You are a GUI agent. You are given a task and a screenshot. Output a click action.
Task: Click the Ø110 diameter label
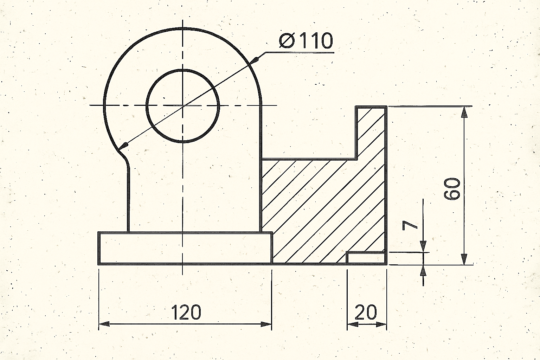click(x=306, y=41)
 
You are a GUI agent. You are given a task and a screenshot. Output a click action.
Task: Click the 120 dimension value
click(x=186, y=312)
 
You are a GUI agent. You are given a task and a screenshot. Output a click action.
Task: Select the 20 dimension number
click(x=366, y=312)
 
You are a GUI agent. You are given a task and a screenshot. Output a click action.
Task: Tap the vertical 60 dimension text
click(x=452, y=189)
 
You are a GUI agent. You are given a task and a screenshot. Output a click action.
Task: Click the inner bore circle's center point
click(x=182, y=105)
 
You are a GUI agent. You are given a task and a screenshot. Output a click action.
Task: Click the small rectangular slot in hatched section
click(x=366, y=258)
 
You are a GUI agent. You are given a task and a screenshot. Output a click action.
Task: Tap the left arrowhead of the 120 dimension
click(x=103, y=324)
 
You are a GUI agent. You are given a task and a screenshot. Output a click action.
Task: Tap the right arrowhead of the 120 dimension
click(x=267, y=324)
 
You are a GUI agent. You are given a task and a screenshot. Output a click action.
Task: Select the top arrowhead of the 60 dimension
click(x=464, y=112)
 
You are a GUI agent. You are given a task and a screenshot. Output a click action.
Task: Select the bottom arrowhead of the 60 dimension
click(x=464, y=259)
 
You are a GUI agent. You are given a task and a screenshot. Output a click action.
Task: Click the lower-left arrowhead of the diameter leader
click(x=124, y=145)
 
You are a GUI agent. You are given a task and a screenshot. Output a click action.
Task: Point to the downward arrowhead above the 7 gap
click(x=423, y=247)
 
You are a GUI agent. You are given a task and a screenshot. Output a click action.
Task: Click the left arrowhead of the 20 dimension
click(x=351, y=324)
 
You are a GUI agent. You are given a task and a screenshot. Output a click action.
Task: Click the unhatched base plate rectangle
click(x=185, y=248)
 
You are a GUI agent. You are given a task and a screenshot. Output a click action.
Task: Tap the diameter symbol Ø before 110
click(x=287, y=41)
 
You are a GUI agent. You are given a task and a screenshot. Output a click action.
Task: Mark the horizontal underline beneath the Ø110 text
click(x=299, y=52)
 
